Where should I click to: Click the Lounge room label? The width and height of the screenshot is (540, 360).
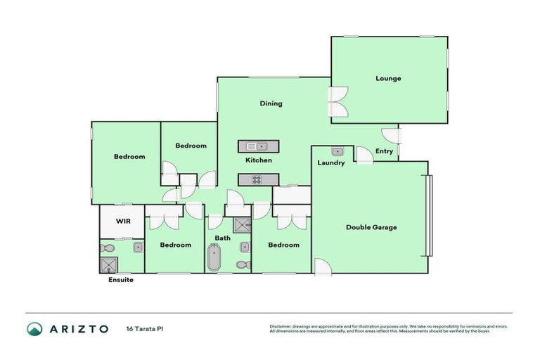[x=388, y=78]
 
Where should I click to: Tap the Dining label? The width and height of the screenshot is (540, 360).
[x=271, y=103]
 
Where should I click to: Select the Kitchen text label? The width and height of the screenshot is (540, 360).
[x=258, y=160]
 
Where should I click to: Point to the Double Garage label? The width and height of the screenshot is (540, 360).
[x=371, y=227]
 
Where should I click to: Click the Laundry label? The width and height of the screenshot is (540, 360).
[x=330, y=163]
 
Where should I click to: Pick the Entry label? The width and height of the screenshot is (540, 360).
[x=384, y=151]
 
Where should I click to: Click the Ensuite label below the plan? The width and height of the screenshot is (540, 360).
[x=121, y=280]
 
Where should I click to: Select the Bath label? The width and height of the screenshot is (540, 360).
[x=222, y=238]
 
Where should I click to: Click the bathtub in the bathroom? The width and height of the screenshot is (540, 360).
[x=214, y=258]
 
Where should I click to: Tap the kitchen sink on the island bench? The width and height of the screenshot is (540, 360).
[x=257, y=146]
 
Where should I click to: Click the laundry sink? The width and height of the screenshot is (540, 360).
[x=337, y=151]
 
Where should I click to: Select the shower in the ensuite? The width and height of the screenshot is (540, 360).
[x=108, y=264]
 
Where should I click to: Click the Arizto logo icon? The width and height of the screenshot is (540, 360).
[x=34, y=328]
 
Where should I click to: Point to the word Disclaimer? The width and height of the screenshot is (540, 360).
[x=281, y=326]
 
